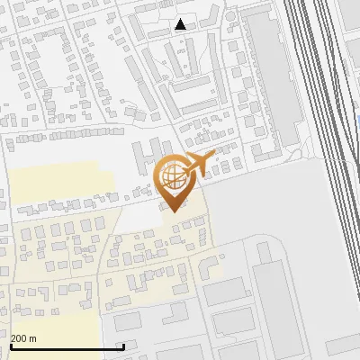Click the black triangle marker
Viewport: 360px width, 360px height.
pyautogui.click(x=181, y=24)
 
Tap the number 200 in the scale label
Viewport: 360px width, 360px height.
pyautogui.click(x=20, y=338)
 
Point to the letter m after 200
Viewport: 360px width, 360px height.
pyautogui.click(x=32, y=338)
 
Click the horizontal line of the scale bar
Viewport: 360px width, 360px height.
pyautogui.click(x=67, y=347)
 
